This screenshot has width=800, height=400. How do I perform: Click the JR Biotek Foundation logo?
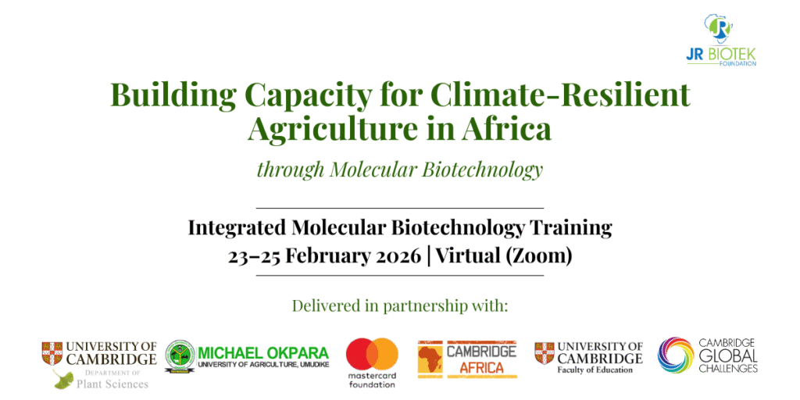pos(721,39)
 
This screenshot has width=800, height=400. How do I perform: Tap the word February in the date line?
pos(324,256)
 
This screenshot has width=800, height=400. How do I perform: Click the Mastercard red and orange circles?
pos(373,354)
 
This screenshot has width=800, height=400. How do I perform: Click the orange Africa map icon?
pos(430,359)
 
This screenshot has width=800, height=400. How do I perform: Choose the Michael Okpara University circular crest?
pos(180,356)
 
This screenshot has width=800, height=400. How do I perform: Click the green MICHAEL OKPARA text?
pos(263,353)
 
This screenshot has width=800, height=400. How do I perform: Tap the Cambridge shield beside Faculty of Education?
pos(544,353)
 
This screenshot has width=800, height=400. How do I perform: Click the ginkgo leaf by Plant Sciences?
pos(63,380)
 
